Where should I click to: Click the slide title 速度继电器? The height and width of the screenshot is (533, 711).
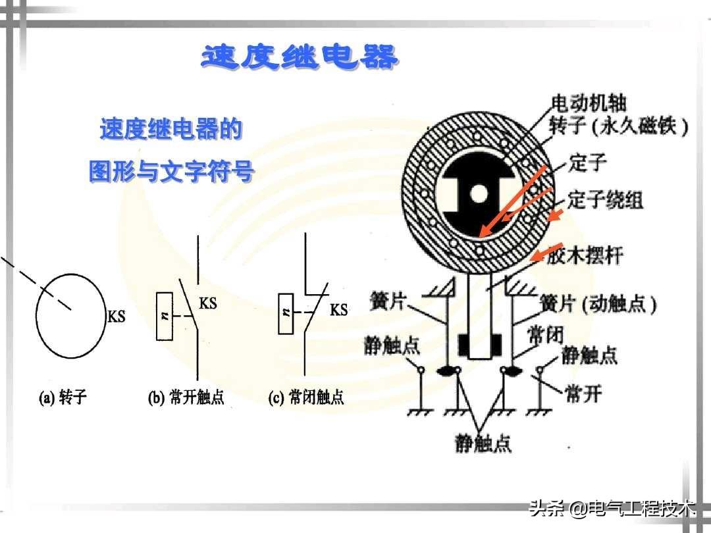[x=300, y=58]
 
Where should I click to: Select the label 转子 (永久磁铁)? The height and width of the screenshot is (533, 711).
[x=618, y=126]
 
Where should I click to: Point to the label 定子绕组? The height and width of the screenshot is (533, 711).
[x=605, y=199]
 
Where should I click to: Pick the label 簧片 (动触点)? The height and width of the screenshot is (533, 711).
[x=598, y=304]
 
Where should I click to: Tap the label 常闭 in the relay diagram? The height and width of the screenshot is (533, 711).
[x=546, y=336]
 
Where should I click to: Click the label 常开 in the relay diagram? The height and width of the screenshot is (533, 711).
[x=584, y=394]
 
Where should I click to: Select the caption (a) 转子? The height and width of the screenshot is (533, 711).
[x=63, y=397]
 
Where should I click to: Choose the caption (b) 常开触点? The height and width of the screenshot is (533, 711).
[x=186, y=397]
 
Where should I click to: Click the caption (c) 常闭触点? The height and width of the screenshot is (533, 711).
[x=306, y=397]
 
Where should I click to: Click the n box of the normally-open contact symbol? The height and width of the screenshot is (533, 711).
[x=165, y=316]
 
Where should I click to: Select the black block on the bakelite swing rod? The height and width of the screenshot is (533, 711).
[x=479, y=343]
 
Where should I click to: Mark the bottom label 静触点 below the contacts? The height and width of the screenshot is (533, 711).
[x=483, y=444]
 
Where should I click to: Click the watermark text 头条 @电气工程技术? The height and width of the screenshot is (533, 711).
[x=612, y=509]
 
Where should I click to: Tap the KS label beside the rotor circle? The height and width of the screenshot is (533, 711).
[x=117, y=317]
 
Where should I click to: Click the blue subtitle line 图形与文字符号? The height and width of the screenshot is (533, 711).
[x=171, y=172]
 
